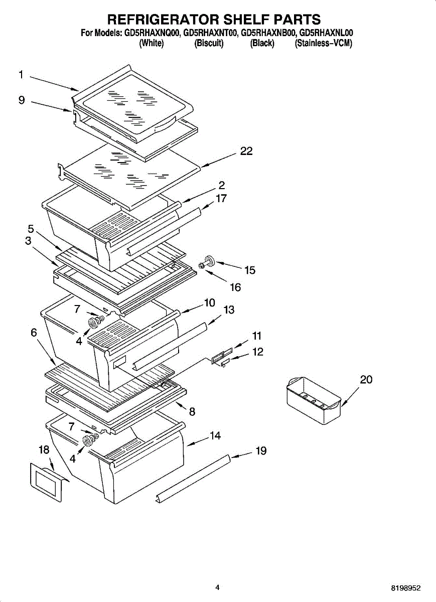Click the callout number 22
246,151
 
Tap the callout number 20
366,380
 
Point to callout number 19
261,450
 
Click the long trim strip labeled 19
193,477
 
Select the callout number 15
250,270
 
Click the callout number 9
22,100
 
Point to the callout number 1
21,75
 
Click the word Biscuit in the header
209,43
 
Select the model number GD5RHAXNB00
268,33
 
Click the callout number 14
215,436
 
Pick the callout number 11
257,336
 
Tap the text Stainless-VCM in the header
324,43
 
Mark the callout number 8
192,412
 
